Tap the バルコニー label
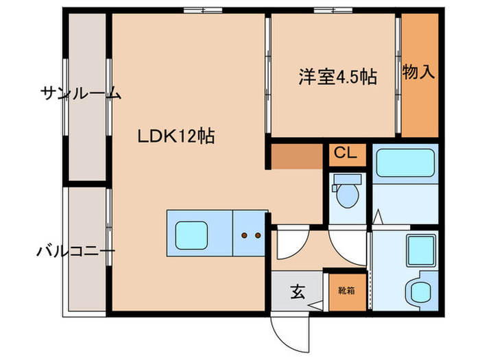point(75,252)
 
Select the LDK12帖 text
point(176,136)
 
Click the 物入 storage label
point(419,72)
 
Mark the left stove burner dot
point(243,235)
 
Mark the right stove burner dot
point(257,235)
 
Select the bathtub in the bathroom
point(405,164)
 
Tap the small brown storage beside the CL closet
point(297,156)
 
